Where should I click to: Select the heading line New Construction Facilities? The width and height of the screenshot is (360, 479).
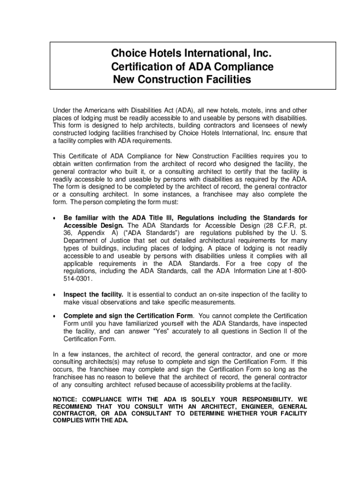pos(182,80)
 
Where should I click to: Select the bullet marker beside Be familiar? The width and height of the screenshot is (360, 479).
pos(55,218)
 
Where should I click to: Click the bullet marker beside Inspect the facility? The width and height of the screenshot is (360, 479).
pos(55,295)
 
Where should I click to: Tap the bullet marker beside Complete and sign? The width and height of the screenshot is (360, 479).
pos(55,316)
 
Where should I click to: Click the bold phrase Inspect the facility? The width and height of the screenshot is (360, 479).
pos(94,295)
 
